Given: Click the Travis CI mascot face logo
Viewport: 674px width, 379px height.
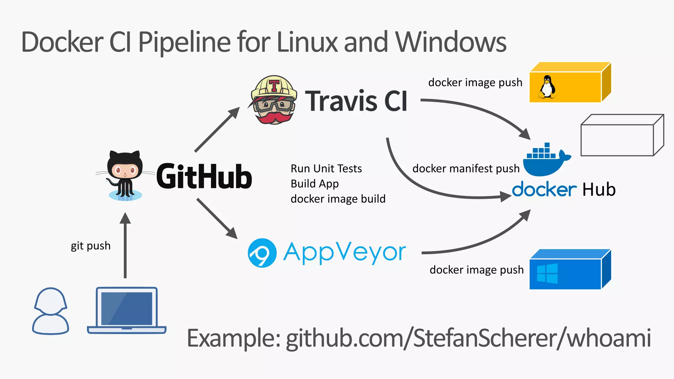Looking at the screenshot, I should click(x=273, y=100).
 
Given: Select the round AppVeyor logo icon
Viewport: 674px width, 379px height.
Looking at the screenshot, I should click(x=262, y=253).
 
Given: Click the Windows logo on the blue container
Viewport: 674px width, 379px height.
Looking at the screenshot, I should click(x=547, y=273).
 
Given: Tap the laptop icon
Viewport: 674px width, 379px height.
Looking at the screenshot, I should click(x=127, y=311).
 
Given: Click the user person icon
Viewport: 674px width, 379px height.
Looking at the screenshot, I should click(x=50, y=311).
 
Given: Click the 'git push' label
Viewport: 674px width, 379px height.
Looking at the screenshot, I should click(x=91, y=246).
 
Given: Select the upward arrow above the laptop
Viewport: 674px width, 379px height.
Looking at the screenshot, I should click(x=125, y=245).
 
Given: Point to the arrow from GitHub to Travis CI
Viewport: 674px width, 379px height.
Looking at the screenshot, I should click(x=217, y=129).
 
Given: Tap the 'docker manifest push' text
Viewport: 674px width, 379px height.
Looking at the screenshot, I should click(x=466, y=169).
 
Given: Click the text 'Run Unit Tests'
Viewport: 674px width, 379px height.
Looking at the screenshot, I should click(x=326, y=169).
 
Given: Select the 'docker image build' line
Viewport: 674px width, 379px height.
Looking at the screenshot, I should click(x=338, y=199).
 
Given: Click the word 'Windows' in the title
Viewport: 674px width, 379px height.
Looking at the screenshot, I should click(x=451, y=42).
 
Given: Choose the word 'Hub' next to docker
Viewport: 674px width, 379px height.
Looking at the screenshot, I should click(x=599, y=190).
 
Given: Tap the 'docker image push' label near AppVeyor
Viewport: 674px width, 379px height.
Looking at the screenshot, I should click(x=476, y=270).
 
